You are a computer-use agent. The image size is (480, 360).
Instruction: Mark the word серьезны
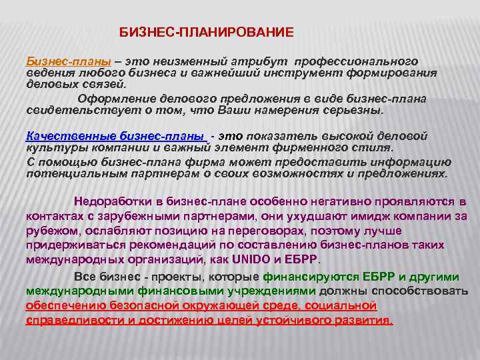click(x=354, y=110)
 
